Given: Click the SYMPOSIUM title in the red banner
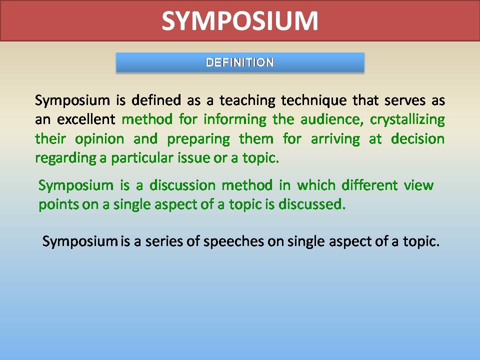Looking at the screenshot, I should (x=240, y=21).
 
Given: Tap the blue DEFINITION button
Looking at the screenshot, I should (x=240, y=63).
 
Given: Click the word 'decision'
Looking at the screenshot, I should (x=418, y=139).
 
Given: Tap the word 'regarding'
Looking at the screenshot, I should (x=57, y=159).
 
